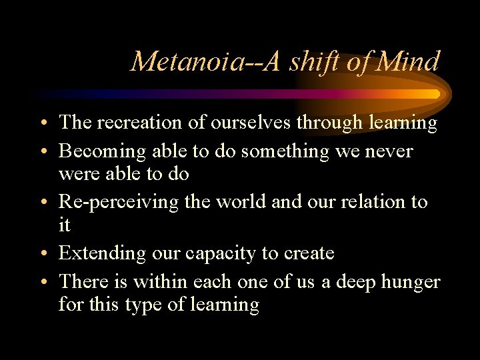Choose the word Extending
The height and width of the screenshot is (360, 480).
click(x=101, y=253)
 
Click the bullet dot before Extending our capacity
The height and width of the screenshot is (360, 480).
click(x=43, y=255)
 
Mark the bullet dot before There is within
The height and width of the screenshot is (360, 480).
click(x=43, y=283)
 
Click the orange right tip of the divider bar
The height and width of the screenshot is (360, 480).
click(x=435, y=94)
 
